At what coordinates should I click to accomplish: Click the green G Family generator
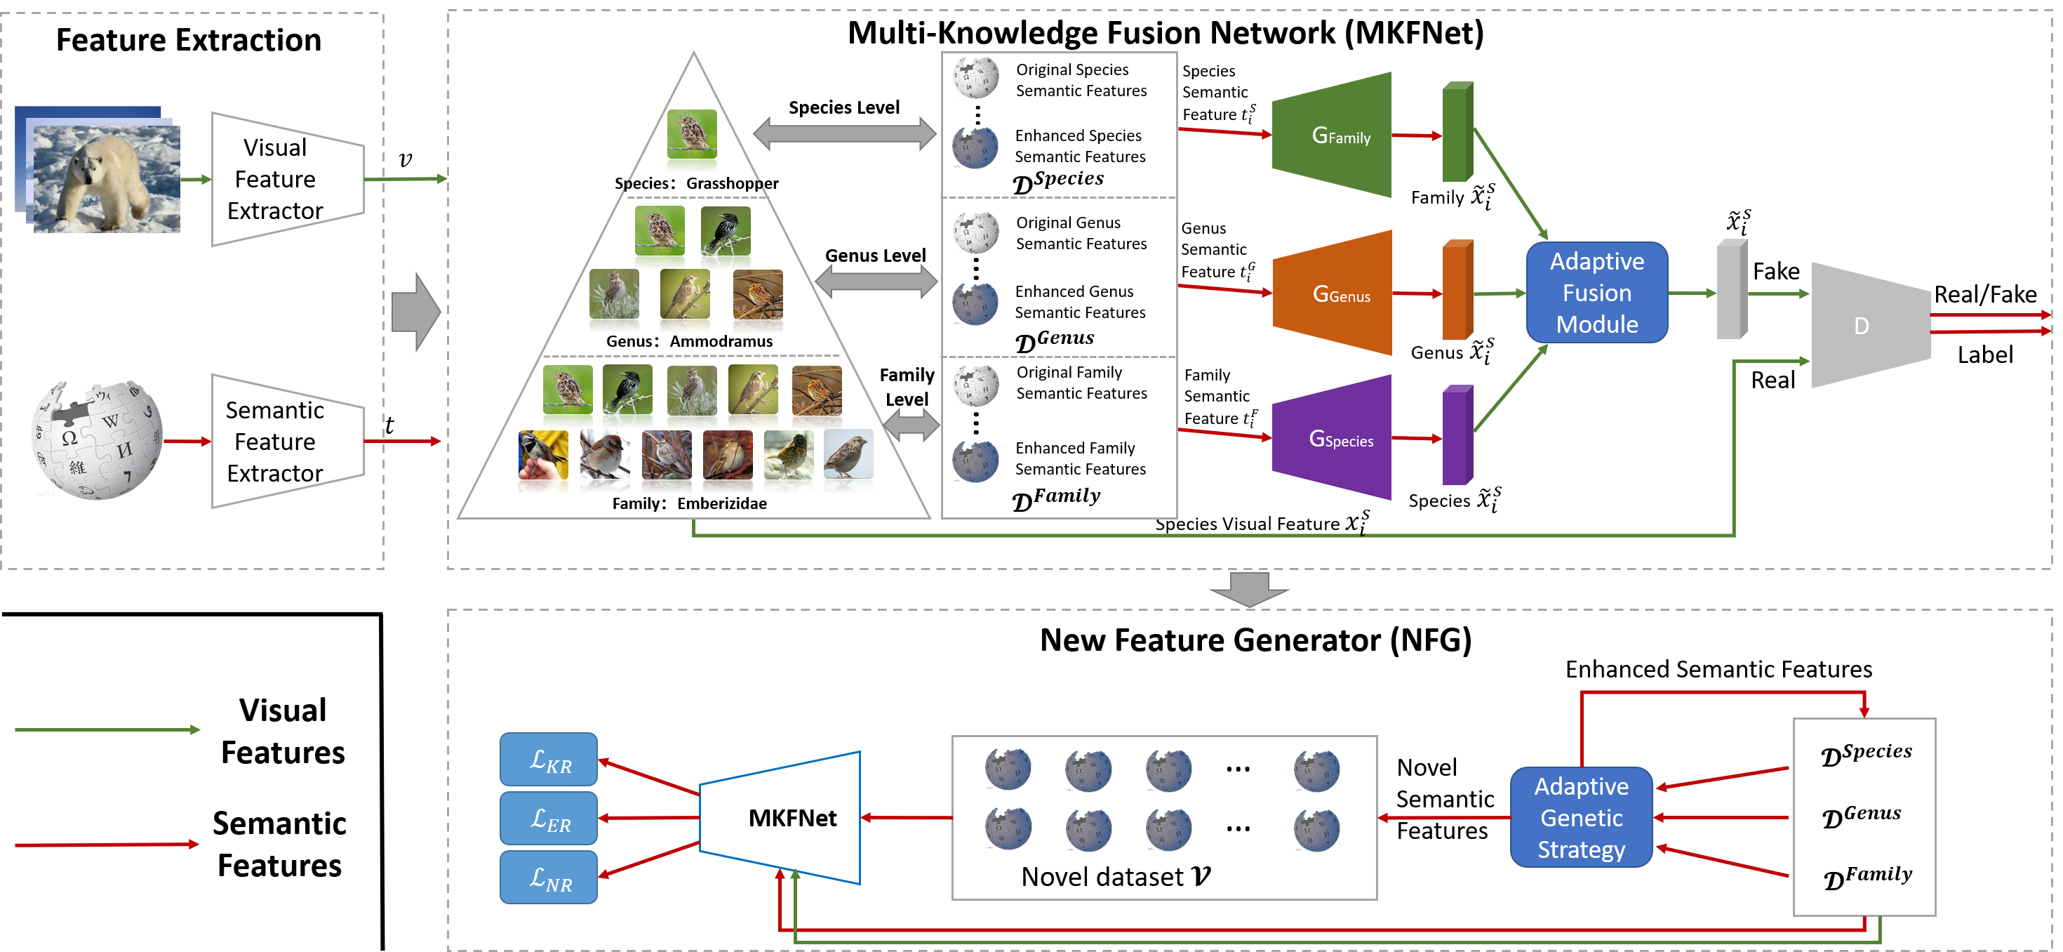click(1331, 135)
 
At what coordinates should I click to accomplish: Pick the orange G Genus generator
click(1331, 293)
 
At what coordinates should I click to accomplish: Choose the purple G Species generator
click(1331, 437)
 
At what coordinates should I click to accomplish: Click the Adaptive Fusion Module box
click(1597, 293)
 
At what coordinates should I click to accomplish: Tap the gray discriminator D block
click(1871, 325)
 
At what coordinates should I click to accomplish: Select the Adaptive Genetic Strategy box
click(1581, 817)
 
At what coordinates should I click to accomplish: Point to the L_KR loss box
click(549, 759)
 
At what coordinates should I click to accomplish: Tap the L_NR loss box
click(549, 878)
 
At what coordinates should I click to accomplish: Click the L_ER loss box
click(549, 818)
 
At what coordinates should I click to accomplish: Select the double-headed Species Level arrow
click(845, 134)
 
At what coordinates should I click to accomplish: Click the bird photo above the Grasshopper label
click(692, 134)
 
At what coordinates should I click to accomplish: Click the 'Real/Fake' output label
click(1985, 294)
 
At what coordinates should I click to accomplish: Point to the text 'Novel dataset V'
click(1116, 877)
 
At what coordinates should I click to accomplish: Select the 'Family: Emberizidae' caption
click(690, 503)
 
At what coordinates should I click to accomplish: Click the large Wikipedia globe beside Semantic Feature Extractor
click(97, 440)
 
